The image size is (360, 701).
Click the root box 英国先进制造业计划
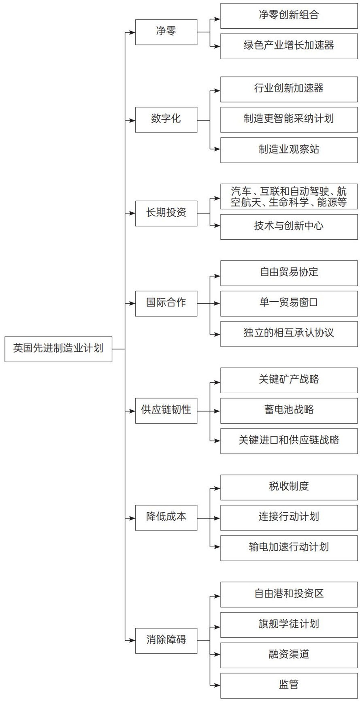pyautogui.click(x=58, y=349)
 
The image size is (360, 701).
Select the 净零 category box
pyautogui.click(x=166, y=32)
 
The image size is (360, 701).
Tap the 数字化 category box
pyautogui.click(x=166, y=120)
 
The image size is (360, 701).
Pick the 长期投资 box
pyautogui.click(x=166, y=213)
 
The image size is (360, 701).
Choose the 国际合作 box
pyautogui.click(x=166, y=303)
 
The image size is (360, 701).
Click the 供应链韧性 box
pyautogui.click(x=166, y=411)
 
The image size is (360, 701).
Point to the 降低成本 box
pyautogui.click(x=166, y=518)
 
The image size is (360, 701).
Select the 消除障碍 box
pyautogui.click(x=166, y=641)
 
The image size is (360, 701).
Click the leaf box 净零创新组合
pyautogui.click(x=289, y=16)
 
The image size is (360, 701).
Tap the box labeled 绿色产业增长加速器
pyautogui.click(x=289, y=46)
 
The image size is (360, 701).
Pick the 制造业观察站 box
pyautogui.click(x=289, y=150)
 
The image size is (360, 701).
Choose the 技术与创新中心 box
pyautogui.click(x=289, y=227)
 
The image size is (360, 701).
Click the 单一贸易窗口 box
pyautogui.click(x=289, y=303)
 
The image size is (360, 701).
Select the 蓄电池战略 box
pyautogui.click(x=289, y=411)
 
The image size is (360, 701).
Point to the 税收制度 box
pyautogui.click(x=289, y=487)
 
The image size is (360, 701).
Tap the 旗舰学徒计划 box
pyautogui.click(x=289, y=625)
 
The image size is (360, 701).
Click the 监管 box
pyautogui.click(x=289, y=686)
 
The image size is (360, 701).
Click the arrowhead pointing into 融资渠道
pyautogui.click(x=217, y=655)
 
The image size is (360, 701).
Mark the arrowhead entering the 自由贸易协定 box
pyautogui.click(x=217, y=276)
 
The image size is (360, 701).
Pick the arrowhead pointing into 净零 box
pyautogui.click(x=132, y=32)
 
